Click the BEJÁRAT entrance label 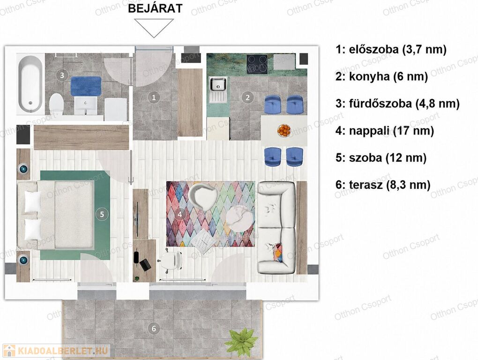155,8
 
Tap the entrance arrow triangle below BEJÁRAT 154,28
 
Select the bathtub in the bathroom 30,83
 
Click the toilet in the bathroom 56,104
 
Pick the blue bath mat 86,86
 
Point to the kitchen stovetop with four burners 257,64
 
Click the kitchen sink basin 217,84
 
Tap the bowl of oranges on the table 284,130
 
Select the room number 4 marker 179,214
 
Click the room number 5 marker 102,214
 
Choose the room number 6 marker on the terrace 154,329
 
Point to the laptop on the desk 145,264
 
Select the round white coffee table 240,219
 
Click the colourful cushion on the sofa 278,252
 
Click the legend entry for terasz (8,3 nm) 383,185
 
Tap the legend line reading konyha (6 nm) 381,76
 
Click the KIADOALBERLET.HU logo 56,351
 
